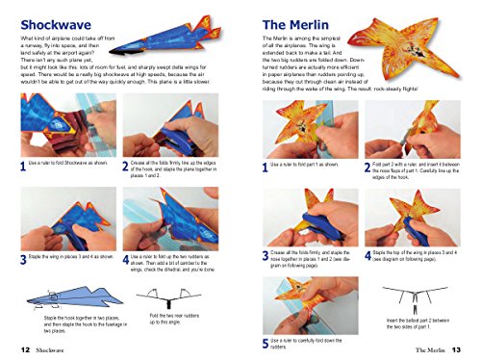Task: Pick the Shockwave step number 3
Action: (x=22, y=259)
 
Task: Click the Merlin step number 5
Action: (x=266, y=341)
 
